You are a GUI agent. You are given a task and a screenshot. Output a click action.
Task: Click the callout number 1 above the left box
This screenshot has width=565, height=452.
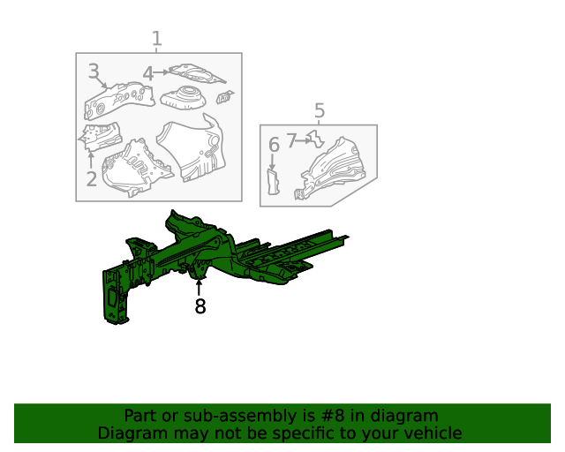(x=156, y=39)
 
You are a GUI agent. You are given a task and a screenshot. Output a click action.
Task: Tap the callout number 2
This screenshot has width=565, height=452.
(x=91, y=179)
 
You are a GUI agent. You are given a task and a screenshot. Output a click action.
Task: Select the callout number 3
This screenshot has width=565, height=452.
(x=93, y=72)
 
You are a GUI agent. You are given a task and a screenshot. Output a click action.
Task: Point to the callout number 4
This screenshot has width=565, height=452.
(x=147, y=74)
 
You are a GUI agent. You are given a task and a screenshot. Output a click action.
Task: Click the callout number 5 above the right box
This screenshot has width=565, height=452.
(x=319, y=110)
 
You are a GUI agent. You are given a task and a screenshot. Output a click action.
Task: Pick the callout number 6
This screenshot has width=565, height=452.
(x=273, y=144)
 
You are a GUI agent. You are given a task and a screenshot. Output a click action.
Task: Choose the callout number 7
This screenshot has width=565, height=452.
(x=291, y=140)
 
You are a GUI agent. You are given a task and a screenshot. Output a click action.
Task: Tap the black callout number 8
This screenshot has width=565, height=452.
(x=200, y=306)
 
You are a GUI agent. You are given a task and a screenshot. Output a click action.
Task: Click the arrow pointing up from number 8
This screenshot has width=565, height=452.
(x=200, y=286)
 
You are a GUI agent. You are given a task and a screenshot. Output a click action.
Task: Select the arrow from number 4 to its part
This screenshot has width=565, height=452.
(x=162, y=73)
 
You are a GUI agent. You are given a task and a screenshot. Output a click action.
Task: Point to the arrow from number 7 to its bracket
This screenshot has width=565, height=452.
(x=304, y=140)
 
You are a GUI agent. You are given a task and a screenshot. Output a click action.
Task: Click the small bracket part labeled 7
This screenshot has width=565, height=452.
(x=315, y=139)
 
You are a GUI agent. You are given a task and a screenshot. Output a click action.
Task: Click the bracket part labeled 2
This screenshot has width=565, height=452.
(x=101, y=135)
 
